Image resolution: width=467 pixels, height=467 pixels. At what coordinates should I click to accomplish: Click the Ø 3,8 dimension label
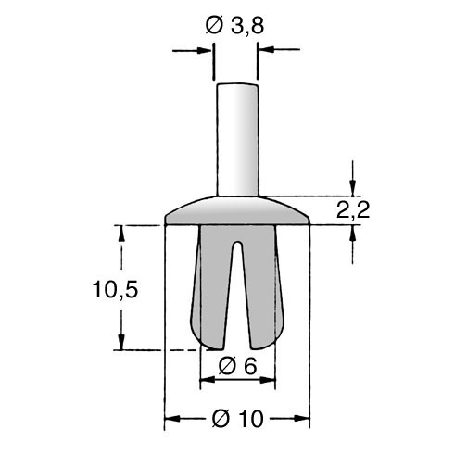pyautogui.click(x=234, y=25)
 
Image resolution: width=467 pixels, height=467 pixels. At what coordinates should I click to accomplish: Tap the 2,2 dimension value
pyautogui.click(x=353, y=210)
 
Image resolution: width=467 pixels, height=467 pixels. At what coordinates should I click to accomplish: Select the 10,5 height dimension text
pyautogui.click(x=115, y=289)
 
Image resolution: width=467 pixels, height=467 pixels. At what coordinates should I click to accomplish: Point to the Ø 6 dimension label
pyautogui.click(x=237, y=366)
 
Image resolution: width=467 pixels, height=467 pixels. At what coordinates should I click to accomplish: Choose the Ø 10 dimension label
pyautogui.click(x=238, y=419)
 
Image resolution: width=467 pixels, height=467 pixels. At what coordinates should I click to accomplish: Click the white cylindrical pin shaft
pyautogui.click(x=237, y=140)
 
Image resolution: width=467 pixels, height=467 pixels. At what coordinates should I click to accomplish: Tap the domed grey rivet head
pyautogui.click(x=237, y=210)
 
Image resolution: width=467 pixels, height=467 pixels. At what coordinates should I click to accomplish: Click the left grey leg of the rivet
pyautogui.click(x=210, y=287)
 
